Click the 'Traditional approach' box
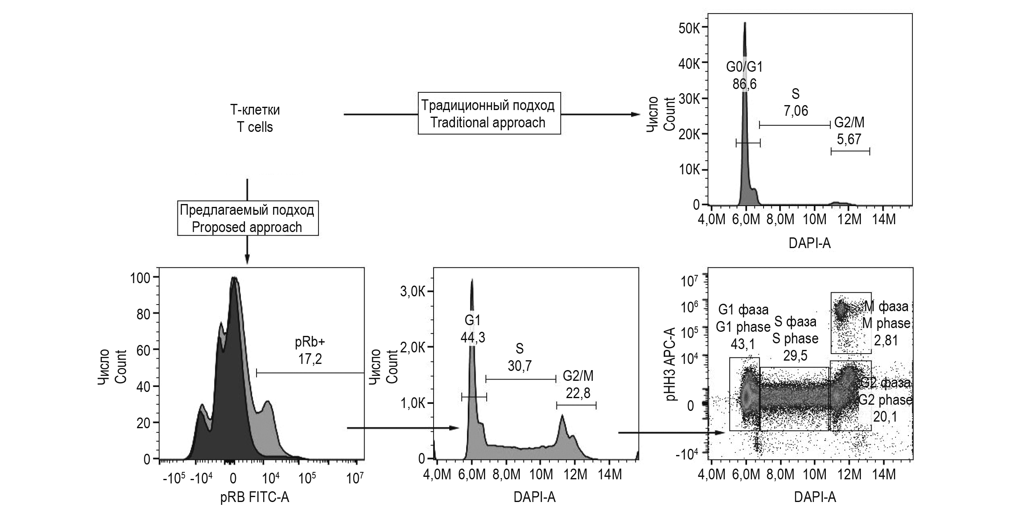489,114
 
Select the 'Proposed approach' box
247,218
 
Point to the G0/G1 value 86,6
745,84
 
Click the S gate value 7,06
795,111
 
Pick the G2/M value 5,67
849,139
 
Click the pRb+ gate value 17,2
309,359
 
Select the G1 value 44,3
473,338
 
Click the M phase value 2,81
885,340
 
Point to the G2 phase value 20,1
885,417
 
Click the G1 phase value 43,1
743,343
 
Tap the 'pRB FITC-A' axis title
255,498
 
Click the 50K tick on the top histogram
691,28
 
